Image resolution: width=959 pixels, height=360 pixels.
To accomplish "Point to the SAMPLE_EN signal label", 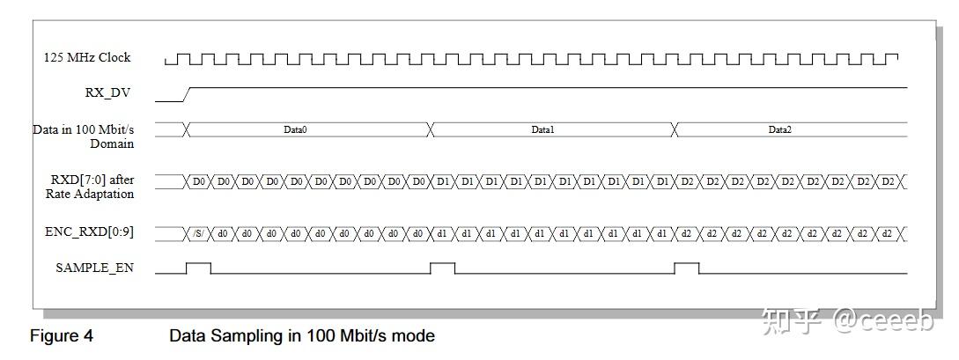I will click(95, 268).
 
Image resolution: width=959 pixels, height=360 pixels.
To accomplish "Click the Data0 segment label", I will click(295, 129).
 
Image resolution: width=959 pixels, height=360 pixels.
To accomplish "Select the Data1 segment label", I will click(542, 129).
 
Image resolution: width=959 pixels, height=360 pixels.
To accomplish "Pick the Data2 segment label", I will click(779, 129).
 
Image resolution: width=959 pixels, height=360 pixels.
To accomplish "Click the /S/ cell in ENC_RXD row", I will click(198, 233).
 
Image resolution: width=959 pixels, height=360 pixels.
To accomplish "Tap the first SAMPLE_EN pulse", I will click(198, 267).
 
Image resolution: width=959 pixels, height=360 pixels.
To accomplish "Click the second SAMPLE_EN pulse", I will click(443, 267).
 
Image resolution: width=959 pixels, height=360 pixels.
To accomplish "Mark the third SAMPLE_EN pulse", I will click(687, 267).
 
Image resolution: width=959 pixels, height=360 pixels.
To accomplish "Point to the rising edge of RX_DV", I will click(188, 94).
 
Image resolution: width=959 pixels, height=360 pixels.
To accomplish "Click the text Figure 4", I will click(62, 335).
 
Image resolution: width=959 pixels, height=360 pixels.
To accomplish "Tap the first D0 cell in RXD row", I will click(198, 181).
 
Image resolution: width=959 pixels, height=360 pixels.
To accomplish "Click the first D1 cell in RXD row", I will click(443, 181).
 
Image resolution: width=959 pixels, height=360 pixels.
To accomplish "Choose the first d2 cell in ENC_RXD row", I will click(687, 233).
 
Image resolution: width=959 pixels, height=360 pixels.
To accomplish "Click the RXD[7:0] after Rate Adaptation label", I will click(92, 187).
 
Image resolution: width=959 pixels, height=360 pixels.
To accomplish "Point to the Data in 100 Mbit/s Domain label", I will click(84, 136).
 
